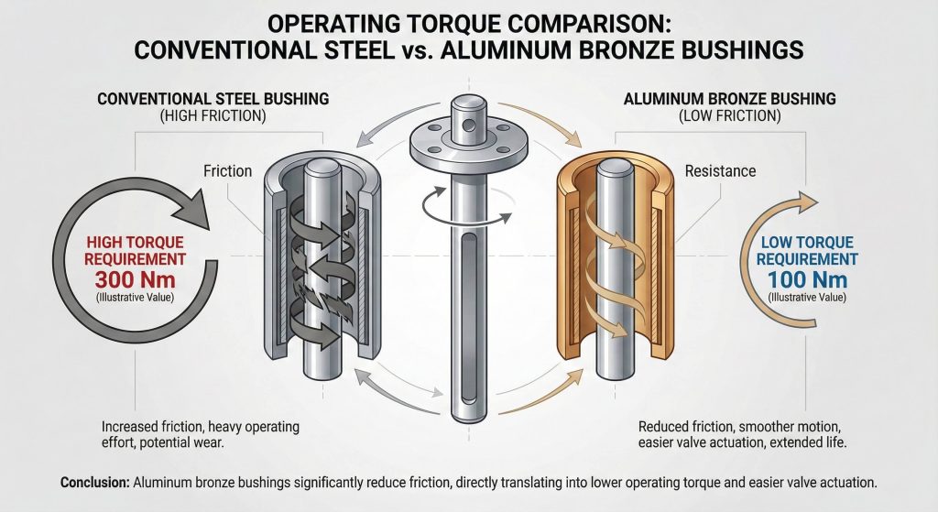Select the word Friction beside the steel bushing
pos(227,171)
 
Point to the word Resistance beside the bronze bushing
pos(720,171)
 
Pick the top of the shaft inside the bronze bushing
pos(613,169)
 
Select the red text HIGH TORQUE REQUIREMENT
pos(125,249)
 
